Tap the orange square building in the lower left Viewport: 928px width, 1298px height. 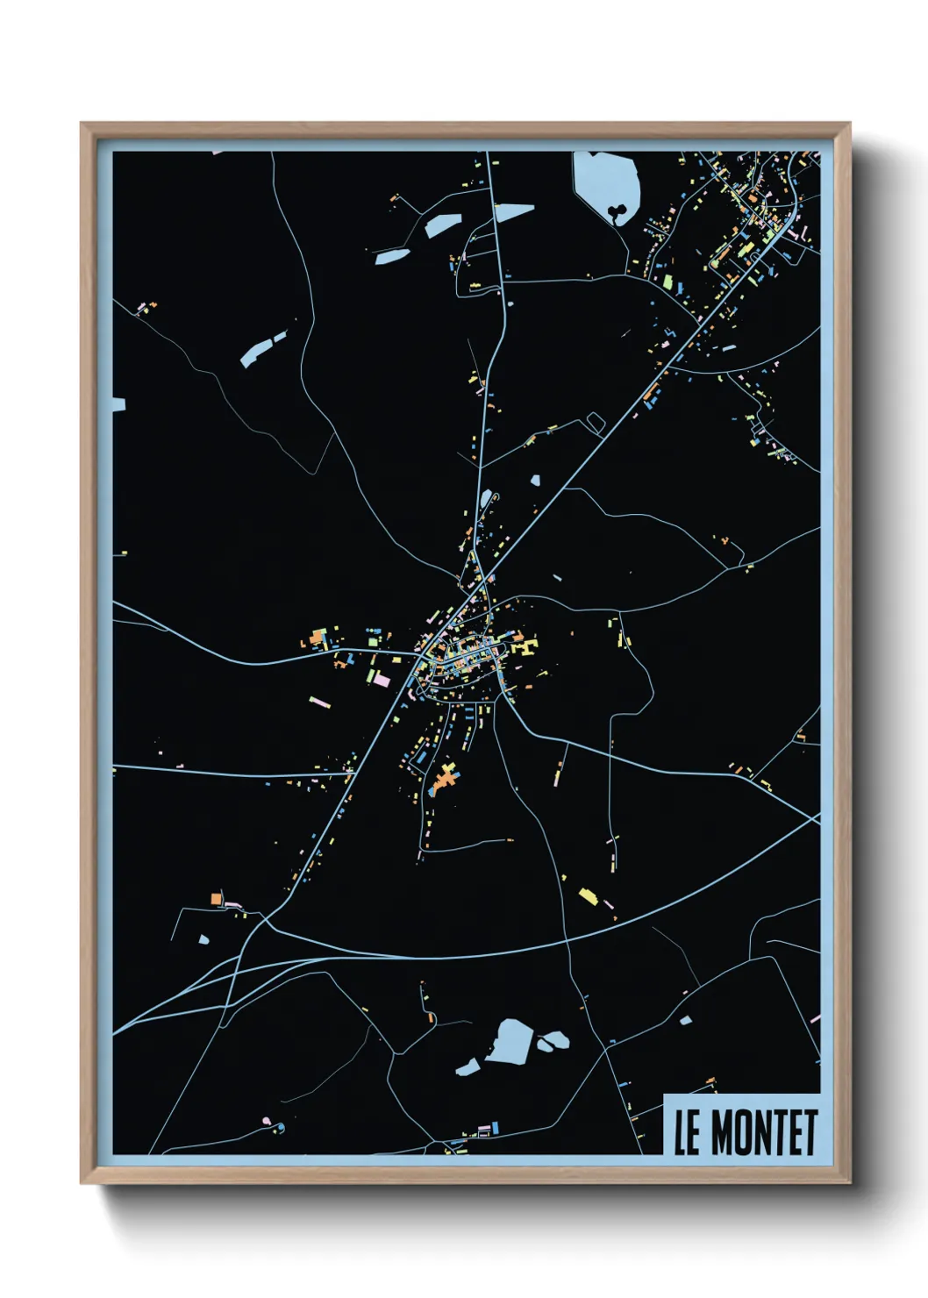[x=216, y=898]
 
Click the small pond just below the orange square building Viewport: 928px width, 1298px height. [x=204, y=939]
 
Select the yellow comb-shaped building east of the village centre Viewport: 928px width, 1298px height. [x=526, y=645]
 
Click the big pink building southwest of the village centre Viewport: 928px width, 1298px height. [x=381, y=679]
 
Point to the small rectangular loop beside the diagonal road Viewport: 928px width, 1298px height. [x=596, y=422]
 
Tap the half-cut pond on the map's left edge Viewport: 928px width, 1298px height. [x=118, y=404]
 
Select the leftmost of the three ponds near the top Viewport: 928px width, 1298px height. [x=392, y=256]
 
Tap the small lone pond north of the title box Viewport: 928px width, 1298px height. [x=685, y=1019]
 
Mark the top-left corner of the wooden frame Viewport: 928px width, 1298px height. [x=82, y=124]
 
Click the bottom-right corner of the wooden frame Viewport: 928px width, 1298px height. [x=848, y=1182]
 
